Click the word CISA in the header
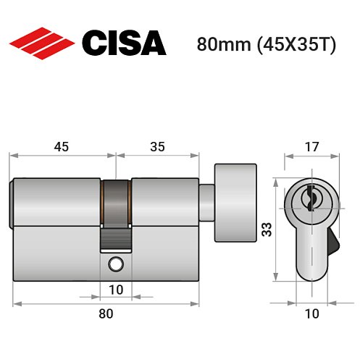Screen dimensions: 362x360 pos(122,43)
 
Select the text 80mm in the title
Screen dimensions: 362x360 pos(220,44)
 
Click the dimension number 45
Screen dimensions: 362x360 pos(61,146)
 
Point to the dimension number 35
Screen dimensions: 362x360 pos(157,146)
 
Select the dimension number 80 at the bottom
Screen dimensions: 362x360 pos(106,313)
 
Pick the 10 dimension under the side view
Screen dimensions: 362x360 pos(116,290)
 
